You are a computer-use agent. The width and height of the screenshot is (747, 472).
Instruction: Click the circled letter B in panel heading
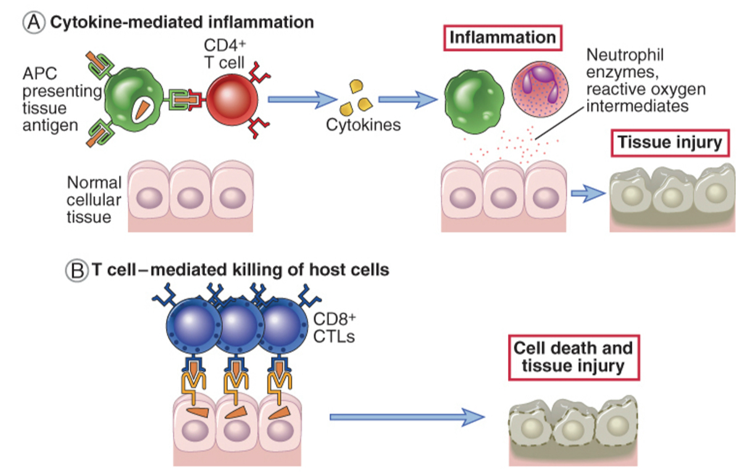tap(77, 270)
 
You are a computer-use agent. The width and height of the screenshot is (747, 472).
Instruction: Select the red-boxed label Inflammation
tap(502, 38)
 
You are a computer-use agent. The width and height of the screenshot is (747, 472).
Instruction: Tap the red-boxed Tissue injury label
tap(670, 143)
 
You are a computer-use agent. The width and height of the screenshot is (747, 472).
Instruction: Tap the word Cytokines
tap(364, 125)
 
